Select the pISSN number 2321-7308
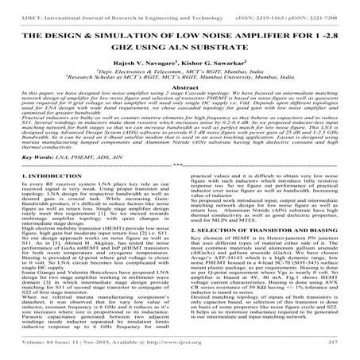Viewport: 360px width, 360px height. (x=330, y=6)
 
